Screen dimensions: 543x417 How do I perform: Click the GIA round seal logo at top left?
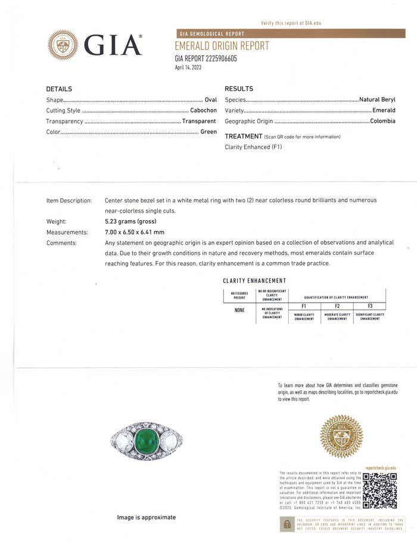pyautogui.click(x=63, y=45)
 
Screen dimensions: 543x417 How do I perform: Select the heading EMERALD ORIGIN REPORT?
pyautogui.click(x=222, y=46)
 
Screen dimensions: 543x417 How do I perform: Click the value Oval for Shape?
pyautogui.click(x=210, y=99)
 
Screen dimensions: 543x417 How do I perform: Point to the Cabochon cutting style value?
pyautogui.click(x=203, y=110)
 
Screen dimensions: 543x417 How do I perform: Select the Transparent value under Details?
pyautogui.click(x=199, y=121)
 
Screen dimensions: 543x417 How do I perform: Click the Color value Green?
pyautogui.click(x=208, y=132)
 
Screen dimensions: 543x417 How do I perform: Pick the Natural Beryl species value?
pyautogui.click(x=377, y=99)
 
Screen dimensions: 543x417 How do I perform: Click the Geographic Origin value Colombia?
pyautogui.click(x=382, y=121)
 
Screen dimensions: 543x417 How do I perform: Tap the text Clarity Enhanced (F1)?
pyautogui.click(x=253, y=146)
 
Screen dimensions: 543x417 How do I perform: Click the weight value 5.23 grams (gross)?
pyautogui.click(x=133, y=221)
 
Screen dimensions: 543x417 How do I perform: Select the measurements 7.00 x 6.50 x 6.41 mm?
pyautogui.click(x=135, y=232)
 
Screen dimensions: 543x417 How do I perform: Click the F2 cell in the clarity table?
pyautogui.click(x=337, y=305)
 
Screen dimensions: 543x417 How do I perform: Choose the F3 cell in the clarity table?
pyautogui.click(x=369, y=305)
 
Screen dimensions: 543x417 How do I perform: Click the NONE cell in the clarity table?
pyautogui.click(x=239, y=310)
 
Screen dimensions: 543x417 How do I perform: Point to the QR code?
pyautogui.click(x=379, y=490)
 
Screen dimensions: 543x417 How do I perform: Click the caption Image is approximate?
pyautogui.click(x=147, y=517)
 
